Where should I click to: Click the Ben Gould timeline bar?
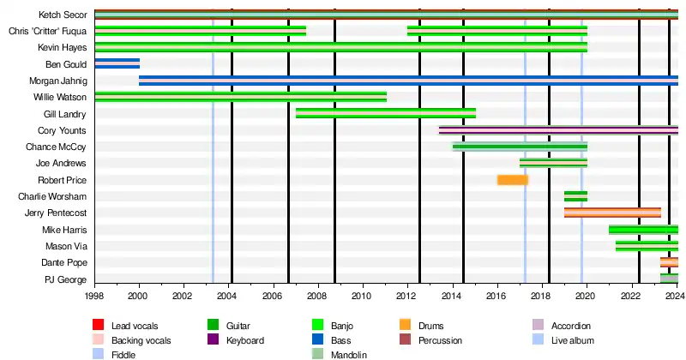point(117,63)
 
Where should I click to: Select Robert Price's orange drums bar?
point(513,180)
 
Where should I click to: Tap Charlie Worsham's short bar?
point(575,196)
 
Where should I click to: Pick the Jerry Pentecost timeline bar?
point(612,213)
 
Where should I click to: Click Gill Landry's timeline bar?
point(386,113)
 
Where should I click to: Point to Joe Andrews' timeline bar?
point(553,163)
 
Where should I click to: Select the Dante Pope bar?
point(669,262)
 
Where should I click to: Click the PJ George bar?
point(669,279)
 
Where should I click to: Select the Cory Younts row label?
point(62,130)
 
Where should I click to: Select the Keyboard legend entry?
point(245,340)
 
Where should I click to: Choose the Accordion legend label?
point(570,327)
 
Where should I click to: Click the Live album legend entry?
point(570,340)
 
